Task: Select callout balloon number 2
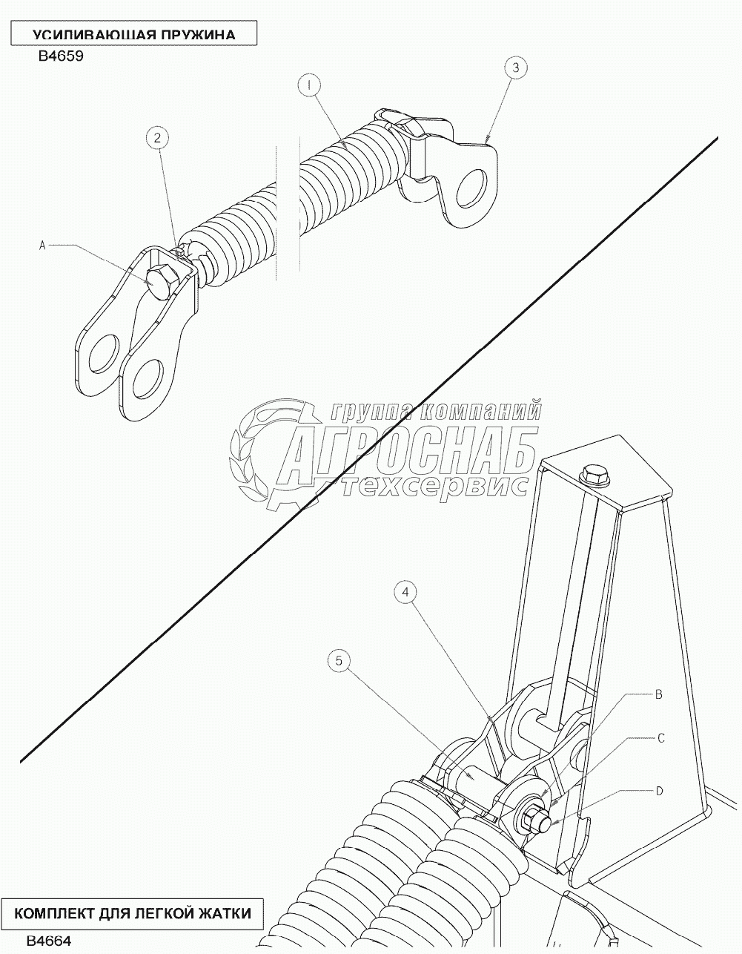157,138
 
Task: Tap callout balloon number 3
516,68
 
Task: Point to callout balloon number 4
405,592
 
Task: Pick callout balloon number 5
339,661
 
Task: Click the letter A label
42,246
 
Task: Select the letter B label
658,694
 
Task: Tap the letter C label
661,738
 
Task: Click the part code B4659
61,56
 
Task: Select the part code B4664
49,941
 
